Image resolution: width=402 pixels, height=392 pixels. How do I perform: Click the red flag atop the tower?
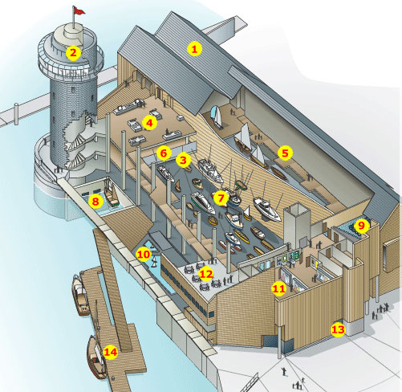click(x=79, y=10)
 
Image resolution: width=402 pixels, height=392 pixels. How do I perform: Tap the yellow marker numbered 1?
click(x=194, y=49)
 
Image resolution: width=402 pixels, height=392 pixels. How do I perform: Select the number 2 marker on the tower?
click(x=73, y=53)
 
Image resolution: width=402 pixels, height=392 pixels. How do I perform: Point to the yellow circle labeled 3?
click(x=183, y=160)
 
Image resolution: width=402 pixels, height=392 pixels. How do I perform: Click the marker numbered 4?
click(x=149, y=123)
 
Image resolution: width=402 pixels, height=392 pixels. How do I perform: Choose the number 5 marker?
click(x=285, y=153)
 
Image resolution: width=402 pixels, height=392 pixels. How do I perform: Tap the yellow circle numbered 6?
click(x=164, y=153)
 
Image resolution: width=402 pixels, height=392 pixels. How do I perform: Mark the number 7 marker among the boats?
click(x=221, y=198)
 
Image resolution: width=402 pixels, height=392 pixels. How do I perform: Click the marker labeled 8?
click(x=95, y=201)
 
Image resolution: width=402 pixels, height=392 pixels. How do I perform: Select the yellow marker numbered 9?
click(x=361, y=226)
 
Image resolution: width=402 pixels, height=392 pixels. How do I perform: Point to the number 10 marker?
click(x=144, y=254)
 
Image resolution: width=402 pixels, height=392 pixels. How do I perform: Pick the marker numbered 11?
click(x=278, y=288)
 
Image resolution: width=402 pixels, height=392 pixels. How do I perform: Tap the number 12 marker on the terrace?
click(x=206, y=274)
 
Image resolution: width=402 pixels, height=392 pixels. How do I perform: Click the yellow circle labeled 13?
click(x=338, y=329)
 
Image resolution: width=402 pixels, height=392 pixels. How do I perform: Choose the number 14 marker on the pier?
click(x=111, y=352)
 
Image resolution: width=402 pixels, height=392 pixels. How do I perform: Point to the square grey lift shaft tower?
click(x=296, y=224)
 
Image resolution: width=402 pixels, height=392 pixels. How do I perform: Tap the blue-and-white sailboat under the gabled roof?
click(x=217, y=117)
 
